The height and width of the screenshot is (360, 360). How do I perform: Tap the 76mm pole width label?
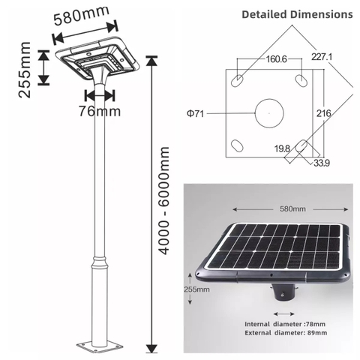pos(100,112)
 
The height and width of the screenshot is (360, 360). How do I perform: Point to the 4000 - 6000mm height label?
pos(166,201)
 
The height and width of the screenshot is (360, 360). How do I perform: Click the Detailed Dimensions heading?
pos(297,14)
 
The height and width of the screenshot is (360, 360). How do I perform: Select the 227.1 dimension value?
pos(322,56)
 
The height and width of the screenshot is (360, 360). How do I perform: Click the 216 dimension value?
pos(323,113)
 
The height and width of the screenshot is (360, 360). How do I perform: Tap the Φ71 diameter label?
pos(197,114)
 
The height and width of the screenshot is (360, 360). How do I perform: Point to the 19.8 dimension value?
pos(282,149)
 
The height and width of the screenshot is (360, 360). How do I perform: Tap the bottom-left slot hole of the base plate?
pos(237,146)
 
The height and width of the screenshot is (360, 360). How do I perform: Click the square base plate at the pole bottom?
pos(99,347)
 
